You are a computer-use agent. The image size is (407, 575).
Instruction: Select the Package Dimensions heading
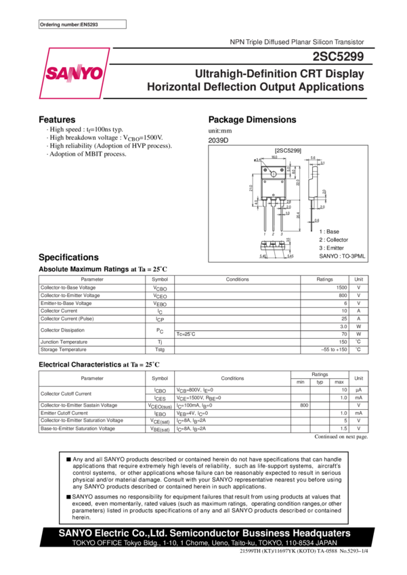252,120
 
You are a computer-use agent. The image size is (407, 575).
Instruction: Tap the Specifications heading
68,257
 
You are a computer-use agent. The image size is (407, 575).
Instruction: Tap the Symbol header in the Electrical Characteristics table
160,377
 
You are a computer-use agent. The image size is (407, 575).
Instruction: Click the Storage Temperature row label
64,350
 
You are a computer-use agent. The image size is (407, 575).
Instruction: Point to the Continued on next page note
341,437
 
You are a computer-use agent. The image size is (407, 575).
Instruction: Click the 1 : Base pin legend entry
329,231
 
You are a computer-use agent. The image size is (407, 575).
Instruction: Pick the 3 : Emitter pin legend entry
332,248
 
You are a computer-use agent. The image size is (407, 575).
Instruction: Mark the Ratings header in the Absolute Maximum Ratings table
325,279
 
